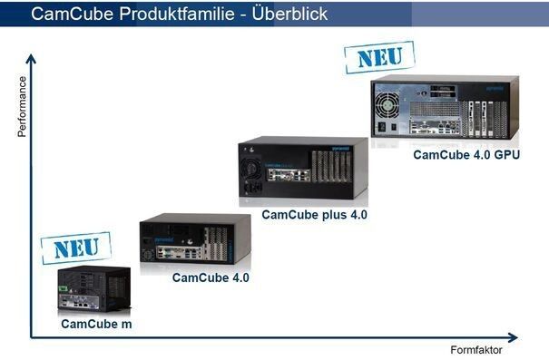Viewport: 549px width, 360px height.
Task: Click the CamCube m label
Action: click(95, 323)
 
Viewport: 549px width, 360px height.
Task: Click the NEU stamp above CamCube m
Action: click(76, 248)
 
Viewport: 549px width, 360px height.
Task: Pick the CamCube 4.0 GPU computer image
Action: click(444, 111)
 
